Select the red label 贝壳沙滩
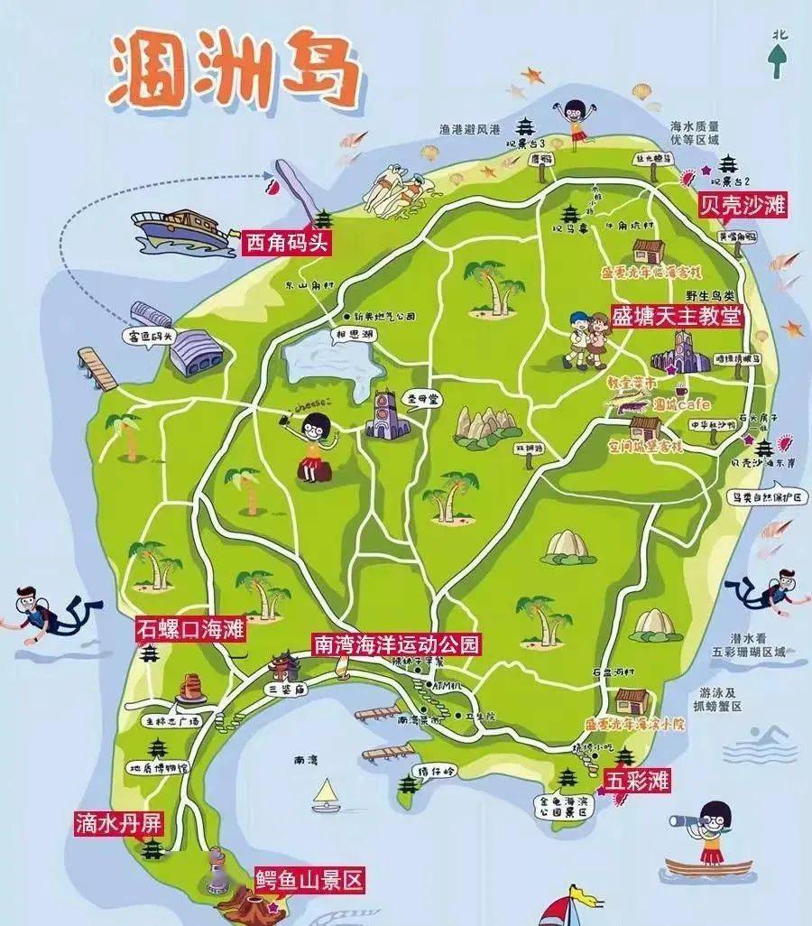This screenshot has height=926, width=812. (743, 206)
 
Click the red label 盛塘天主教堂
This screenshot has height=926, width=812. (677, 316)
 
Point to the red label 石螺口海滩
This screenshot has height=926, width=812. (190, 629)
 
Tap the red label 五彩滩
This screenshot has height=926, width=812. (637, 780)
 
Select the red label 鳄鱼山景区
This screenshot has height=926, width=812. (309, 880)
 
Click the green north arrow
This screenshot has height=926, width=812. (777, 59)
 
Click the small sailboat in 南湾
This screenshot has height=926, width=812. (325, 796)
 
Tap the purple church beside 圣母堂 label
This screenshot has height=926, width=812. (386, 414)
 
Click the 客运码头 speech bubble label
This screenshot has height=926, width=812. (150, 336)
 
